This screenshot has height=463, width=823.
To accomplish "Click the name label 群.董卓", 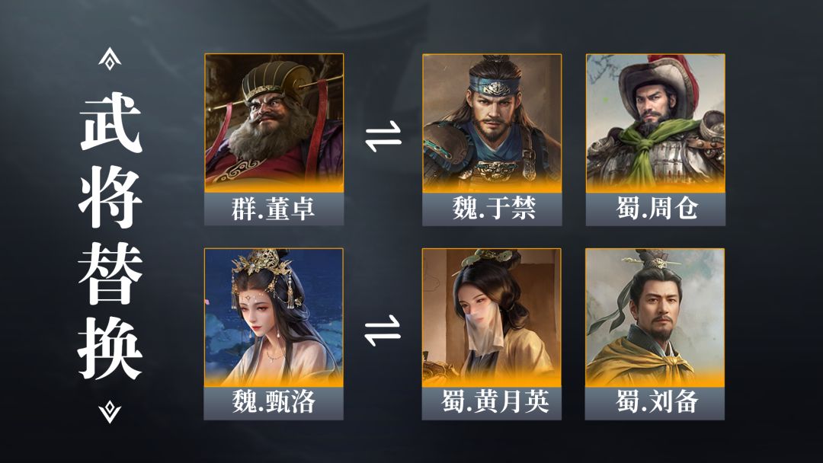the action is coord(274,209).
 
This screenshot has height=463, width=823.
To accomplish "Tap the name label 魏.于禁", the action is coord(494,209).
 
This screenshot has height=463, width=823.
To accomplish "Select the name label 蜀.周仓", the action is coord(657,209).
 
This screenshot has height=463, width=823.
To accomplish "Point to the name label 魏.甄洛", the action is coord(274,402).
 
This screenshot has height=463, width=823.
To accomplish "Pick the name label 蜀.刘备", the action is coord(657,402).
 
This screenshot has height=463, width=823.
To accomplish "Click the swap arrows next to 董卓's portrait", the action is coord(383,137).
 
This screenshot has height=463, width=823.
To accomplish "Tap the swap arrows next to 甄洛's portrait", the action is coord(383,330).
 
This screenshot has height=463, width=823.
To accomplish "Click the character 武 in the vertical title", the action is coord(110,123).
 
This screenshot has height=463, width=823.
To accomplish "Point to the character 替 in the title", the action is coord(110,273).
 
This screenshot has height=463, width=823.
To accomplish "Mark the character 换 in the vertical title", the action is coord(110,348).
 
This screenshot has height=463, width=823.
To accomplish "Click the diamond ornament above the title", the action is coord(110,59).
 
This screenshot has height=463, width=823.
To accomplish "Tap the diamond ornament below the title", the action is coord(110,412).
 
